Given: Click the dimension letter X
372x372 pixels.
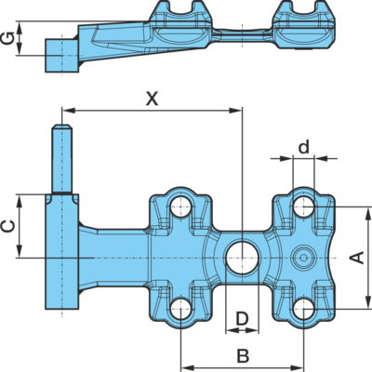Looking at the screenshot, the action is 153,100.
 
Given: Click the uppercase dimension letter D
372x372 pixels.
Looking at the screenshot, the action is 242,318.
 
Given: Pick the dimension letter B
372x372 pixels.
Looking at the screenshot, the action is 243,356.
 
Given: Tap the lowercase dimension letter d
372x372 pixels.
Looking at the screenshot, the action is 304,147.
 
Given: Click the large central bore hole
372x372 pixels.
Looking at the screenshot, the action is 242,258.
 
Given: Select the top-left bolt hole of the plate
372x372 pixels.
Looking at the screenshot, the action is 180,206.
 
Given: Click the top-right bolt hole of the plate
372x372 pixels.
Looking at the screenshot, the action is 304,206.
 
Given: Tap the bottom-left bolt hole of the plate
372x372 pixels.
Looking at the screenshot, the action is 180,309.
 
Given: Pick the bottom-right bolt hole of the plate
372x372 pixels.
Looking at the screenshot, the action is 304,309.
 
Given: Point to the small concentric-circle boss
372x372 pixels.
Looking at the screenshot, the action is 304,258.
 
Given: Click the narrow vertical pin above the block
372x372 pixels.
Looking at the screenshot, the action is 62,159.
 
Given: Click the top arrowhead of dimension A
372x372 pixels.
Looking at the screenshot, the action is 368,213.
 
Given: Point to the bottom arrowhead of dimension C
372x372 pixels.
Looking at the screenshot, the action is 20,251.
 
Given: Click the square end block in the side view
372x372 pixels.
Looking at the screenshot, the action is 61,56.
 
